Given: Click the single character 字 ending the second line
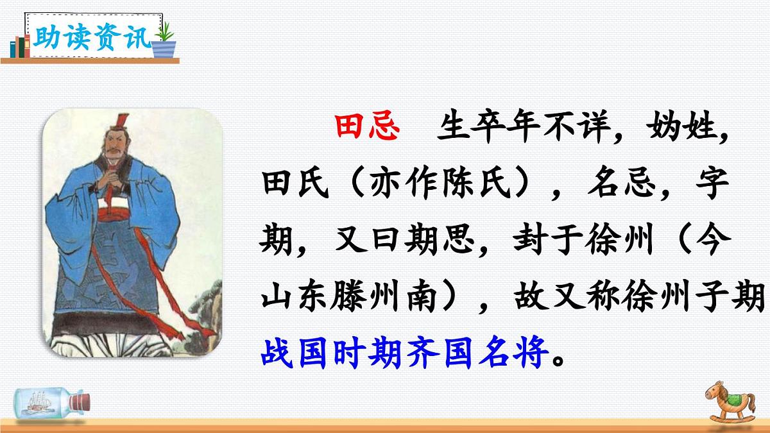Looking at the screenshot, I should [x=712, y=187].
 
